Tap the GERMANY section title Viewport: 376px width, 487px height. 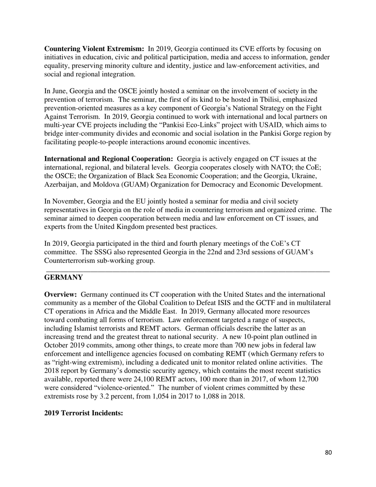coord(63,278)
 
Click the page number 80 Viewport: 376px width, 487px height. coord(328,453)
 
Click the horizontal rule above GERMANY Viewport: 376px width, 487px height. coord(188,271)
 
